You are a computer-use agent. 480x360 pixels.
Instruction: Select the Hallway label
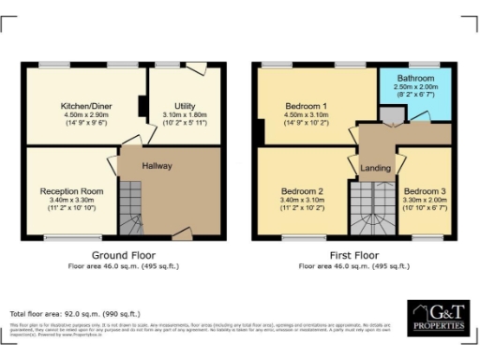coord(157,165)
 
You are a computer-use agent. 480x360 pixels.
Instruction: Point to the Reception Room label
coord(71,190)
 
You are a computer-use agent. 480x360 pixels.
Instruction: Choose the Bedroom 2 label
coord(302,190)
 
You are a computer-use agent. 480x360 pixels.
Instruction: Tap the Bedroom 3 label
coord(425,190)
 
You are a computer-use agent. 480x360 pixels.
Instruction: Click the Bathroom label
coord(416,78)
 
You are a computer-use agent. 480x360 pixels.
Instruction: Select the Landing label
coord(375,168)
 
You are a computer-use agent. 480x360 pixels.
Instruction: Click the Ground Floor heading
coord(123,254)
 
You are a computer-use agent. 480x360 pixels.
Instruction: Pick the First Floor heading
coord(353,254)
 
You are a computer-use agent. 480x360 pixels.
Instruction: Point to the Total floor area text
coord(74,313)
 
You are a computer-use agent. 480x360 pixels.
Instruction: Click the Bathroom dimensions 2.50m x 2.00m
coord(416,86)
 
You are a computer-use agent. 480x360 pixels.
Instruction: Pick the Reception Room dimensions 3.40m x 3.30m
coord(71,199)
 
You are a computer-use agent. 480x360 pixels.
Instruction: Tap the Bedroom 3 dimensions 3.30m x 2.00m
coord(425,199)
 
